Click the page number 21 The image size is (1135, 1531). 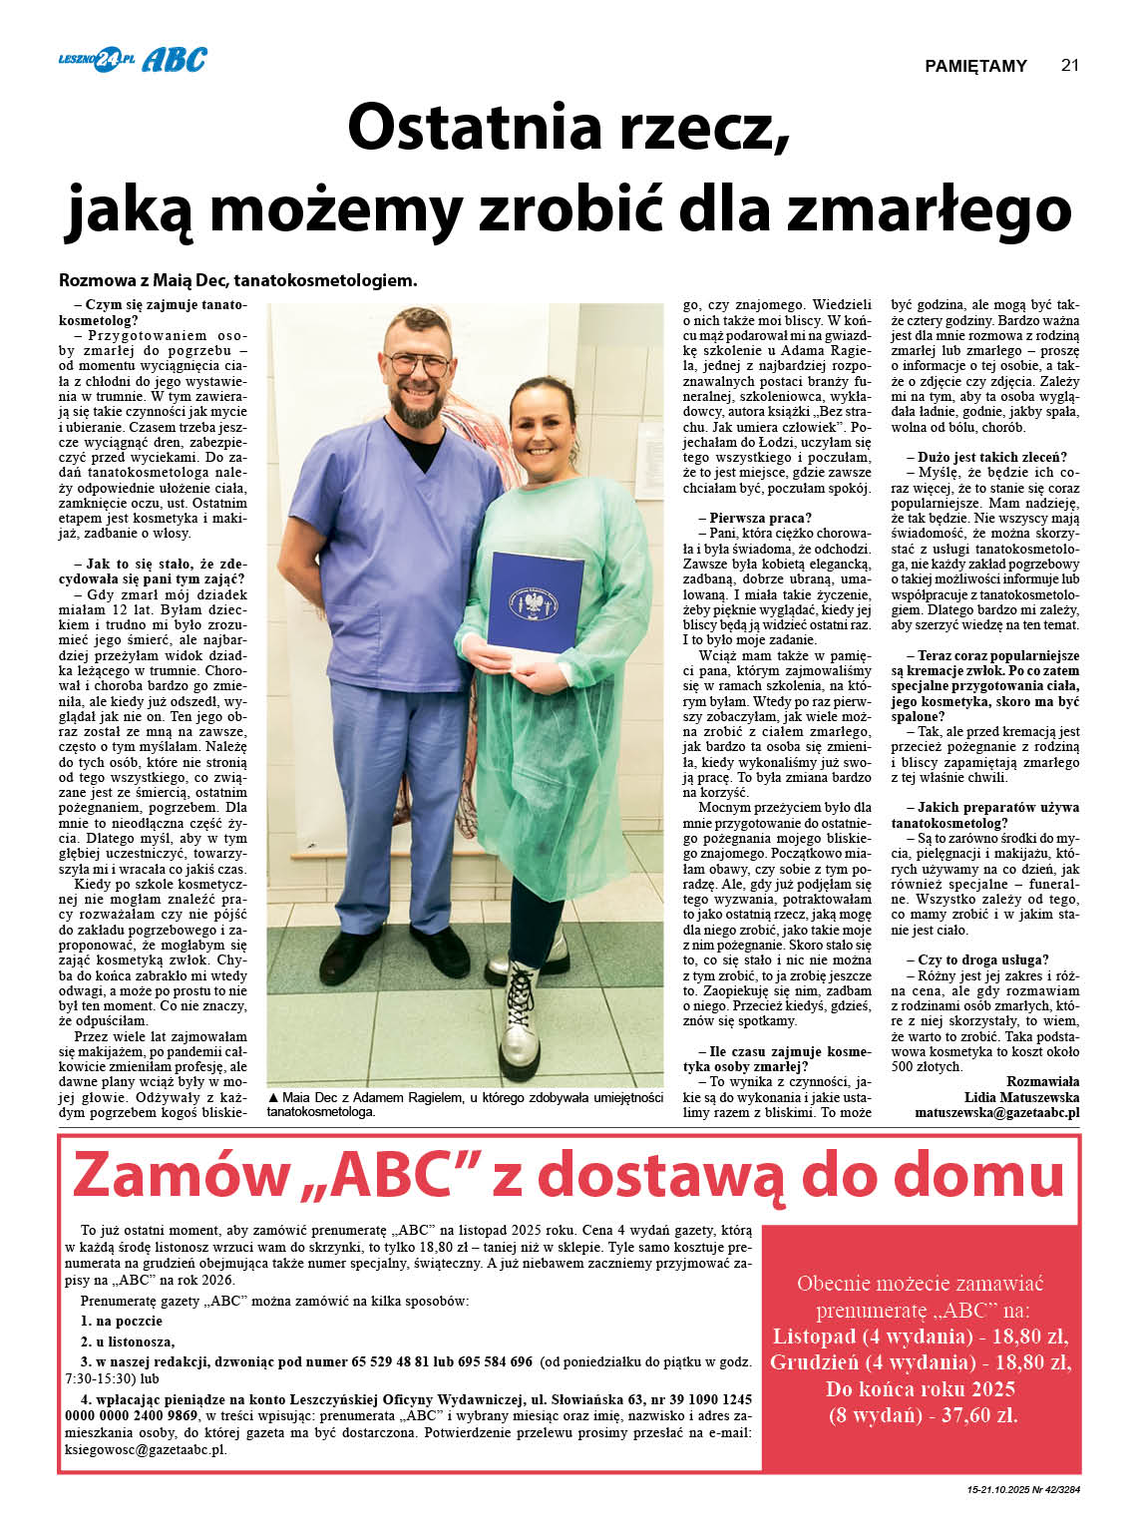tap(1069, 66)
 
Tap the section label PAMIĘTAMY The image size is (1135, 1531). tap(975, 67)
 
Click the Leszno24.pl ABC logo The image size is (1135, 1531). tap(133, 60)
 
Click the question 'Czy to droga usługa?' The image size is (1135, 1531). tap(976, 959)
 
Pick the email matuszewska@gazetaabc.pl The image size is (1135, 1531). tap(996, 1112)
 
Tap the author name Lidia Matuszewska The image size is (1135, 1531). tap(1021, 1097)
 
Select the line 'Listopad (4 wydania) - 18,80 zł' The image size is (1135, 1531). tap(921, 1337)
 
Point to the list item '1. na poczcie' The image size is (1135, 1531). tap(122, 1322)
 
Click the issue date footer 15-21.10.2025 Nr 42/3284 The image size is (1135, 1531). tap(1023, 1491)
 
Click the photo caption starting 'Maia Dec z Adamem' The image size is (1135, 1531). tap(465, 1104)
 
